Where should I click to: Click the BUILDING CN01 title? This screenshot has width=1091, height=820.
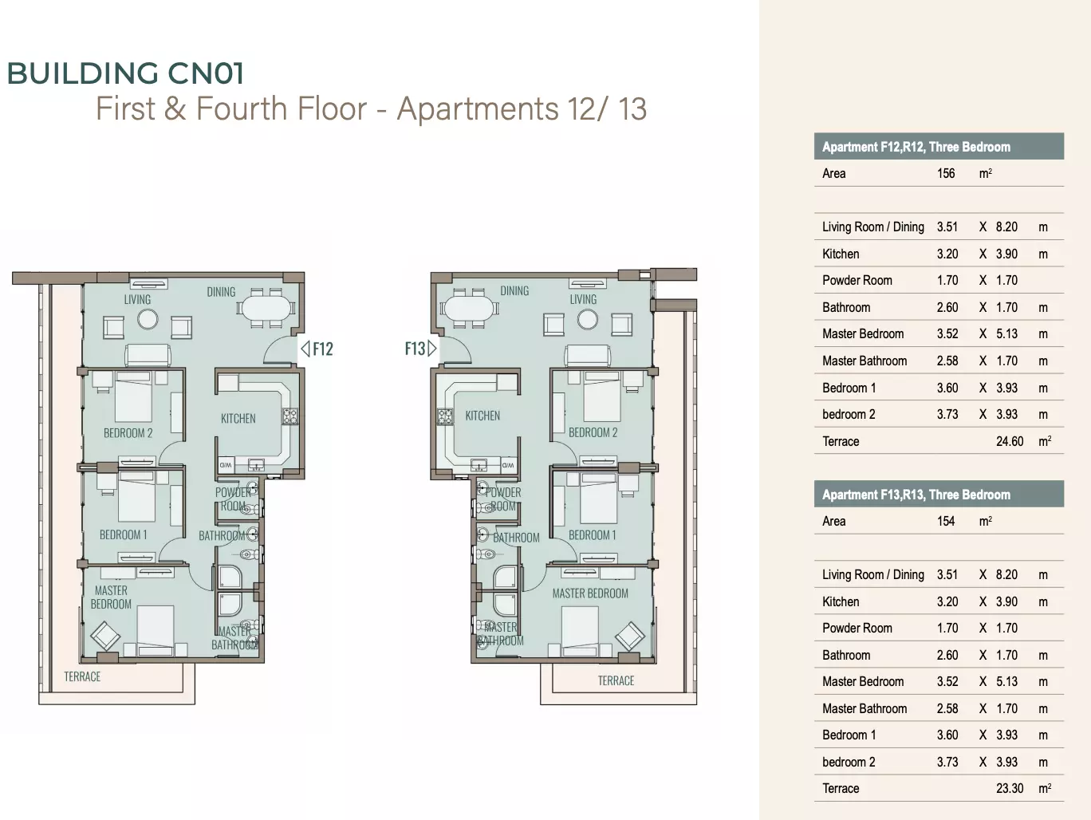(125, 73)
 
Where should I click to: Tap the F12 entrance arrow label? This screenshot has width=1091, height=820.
(317, 349)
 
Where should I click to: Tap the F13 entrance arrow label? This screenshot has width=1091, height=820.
(420, 349)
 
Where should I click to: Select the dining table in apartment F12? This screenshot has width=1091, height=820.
(266, 308)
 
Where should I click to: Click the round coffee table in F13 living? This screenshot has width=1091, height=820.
(588, 320)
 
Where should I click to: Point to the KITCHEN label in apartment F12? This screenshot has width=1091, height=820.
(238, 419)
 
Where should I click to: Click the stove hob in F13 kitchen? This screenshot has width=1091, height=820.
(445, 416)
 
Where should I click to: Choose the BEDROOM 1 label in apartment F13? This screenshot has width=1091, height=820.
(592, 535)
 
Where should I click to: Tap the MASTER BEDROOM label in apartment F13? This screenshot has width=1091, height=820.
(590, 593)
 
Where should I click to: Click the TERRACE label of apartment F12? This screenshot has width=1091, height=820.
(82, 676)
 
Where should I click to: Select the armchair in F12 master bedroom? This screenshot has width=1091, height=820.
(105, 636)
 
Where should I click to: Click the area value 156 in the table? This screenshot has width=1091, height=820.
(946, 173)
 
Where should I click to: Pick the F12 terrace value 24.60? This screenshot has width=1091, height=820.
(1010, 441)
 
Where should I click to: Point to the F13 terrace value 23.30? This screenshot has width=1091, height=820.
(1010, 789)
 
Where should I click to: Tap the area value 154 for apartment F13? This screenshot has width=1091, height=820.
(946, 522)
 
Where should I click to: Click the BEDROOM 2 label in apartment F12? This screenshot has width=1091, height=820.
(128, 433)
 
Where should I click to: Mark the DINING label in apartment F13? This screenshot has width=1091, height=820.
(514, 290)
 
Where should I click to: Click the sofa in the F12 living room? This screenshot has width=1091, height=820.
(148, 355)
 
